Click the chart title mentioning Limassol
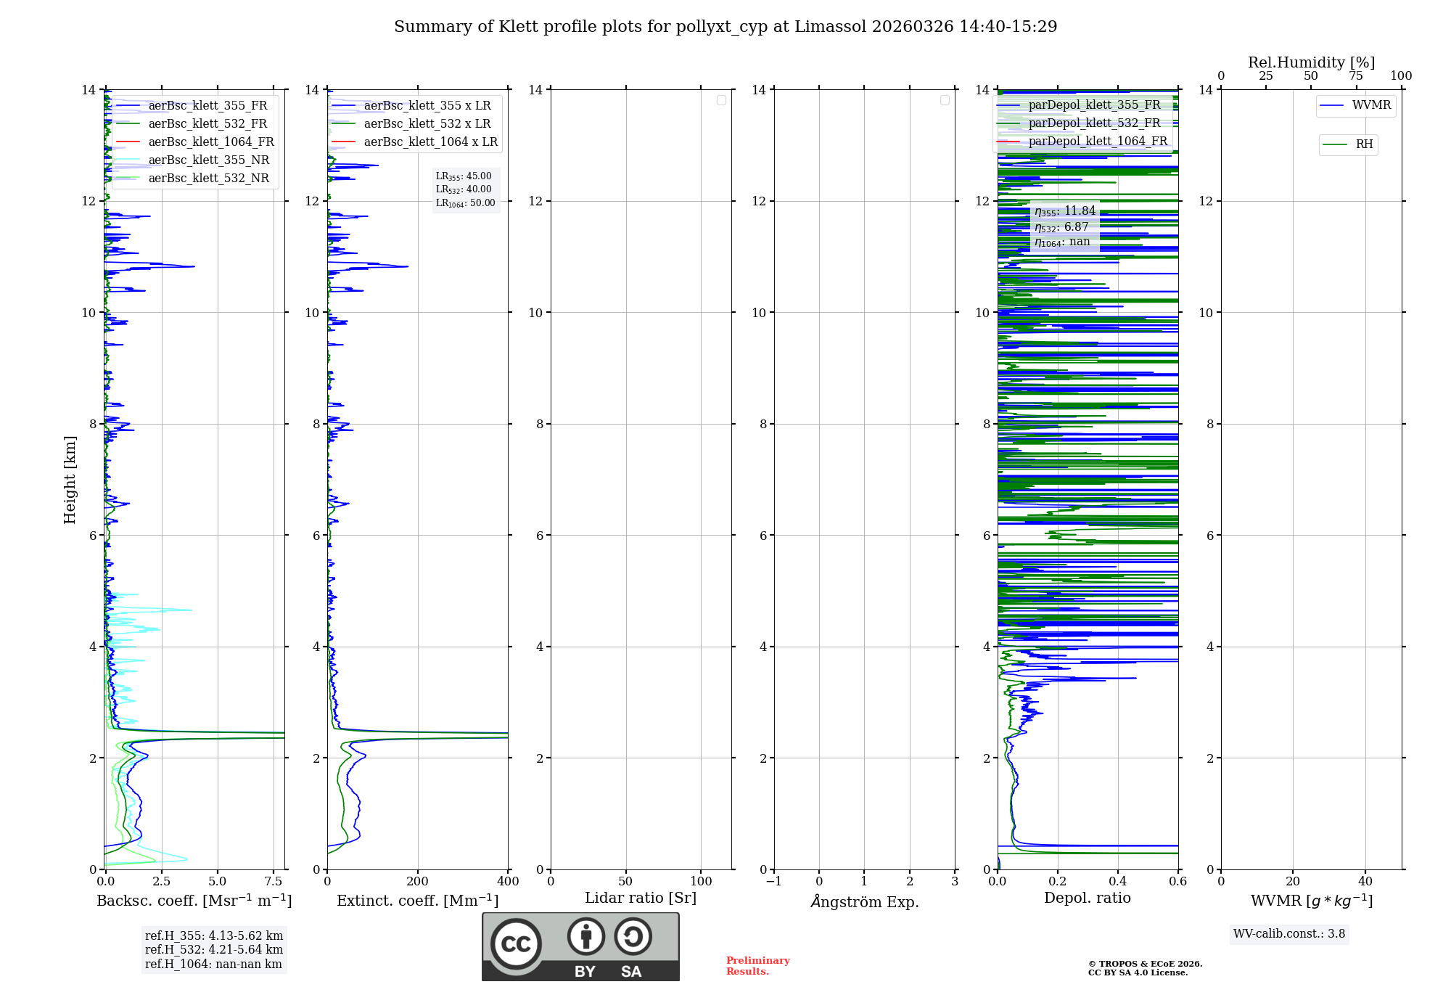click(725, 27)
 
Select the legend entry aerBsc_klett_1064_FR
click(210, 142)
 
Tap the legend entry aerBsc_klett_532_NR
click(208, 178)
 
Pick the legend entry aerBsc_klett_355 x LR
click(427, 105)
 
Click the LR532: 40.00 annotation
click(464, 189)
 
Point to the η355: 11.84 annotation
click(1064, 211)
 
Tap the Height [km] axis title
click(70, 479)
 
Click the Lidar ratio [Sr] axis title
click(641, 898)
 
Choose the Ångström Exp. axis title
click(864, 901)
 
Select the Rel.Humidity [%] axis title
click(1311, 62)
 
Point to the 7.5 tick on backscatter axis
click(274, 882)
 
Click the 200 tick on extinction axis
click(418, 882)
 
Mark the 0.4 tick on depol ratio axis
click(1118, 882)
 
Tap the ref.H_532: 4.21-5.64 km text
click(214, 949)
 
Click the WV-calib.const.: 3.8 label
click(1289, 934)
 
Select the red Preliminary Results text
click(757, 966)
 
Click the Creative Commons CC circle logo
click(516, 944)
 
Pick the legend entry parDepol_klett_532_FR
click(1094, 123)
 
